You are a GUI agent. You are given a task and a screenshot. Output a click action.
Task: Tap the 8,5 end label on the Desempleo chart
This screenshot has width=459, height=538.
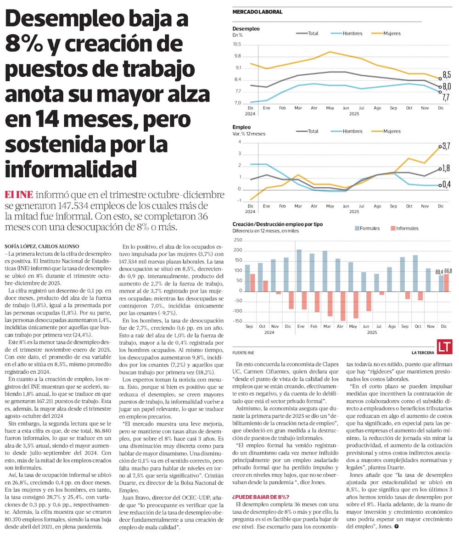pos(446,74)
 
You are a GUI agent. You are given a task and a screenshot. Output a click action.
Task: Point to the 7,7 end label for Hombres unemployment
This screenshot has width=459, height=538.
pos(446,97)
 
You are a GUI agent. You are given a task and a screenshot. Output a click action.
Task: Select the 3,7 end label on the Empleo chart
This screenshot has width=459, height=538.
pos(446,146)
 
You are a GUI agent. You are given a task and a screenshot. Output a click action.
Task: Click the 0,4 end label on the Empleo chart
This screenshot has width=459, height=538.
pos(446,185)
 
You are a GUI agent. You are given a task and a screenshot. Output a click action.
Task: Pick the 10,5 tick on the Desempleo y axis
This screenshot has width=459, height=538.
pos(237,45)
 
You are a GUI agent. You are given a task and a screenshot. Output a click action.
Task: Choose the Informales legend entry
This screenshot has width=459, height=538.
pos(403,228)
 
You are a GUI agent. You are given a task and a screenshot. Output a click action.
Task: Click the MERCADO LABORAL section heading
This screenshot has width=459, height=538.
pos(257,12)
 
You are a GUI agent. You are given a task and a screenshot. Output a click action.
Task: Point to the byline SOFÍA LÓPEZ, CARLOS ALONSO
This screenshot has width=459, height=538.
pos(41,246)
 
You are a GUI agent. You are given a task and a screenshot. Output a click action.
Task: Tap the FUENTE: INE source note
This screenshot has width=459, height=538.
pos(243,353)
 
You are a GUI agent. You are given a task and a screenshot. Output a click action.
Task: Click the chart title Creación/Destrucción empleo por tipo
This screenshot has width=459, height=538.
pos(278,224)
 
